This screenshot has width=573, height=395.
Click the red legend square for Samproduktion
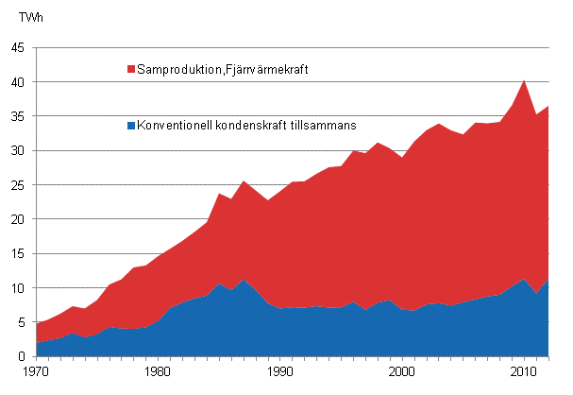click(130, 69)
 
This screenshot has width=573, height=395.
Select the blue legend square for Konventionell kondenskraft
click(130, 125)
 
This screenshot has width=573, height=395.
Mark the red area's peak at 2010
click(525, 79)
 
